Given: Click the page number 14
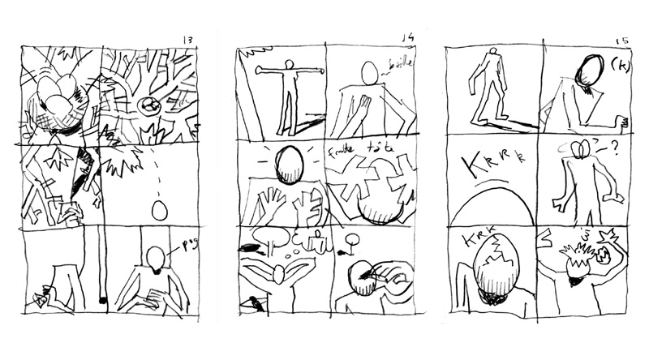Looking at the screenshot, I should tap(408, 36).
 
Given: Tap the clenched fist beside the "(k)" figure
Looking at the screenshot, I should tap(621, 123).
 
